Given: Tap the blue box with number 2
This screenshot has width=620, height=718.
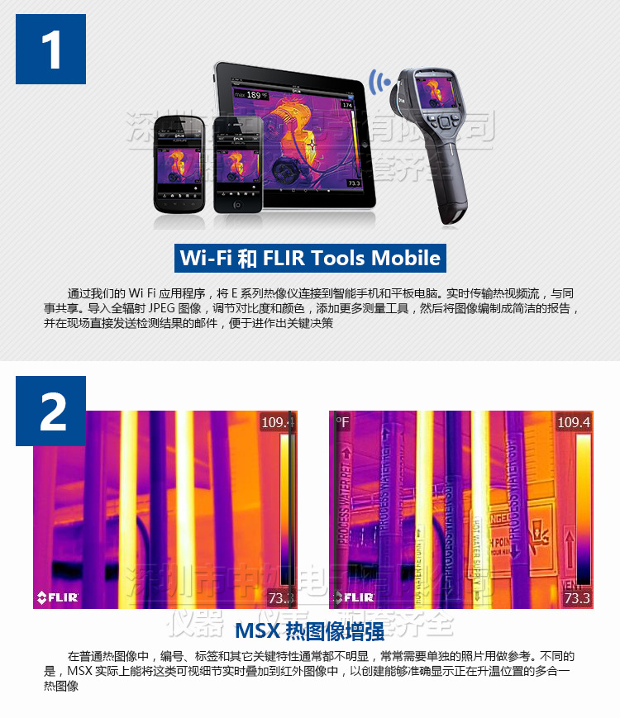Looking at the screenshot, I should [50, 411].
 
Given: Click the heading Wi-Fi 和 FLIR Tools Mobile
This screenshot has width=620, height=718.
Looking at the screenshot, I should [311, 258].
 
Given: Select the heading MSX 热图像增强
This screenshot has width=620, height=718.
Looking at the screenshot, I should [310, 632].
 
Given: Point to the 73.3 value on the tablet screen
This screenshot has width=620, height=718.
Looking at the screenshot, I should [354, 183].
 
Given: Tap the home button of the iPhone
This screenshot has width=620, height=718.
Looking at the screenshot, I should [238, 203].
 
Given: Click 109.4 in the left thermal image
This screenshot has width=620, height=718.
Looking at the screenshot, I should [277, 423].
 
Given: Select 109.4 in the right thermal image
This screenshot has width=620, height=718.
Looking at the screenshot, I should [574, 423].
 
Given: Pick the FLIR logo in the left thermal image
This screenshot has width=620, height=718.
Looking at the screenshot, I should [57, 597].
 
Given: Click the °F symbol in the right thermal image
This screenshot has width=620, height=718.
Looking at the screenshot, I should [342, 422].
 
